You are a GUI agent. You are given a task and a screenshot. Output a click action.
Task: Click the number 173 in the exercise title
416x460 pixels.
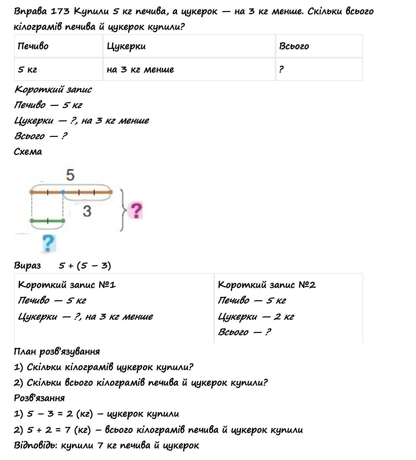click(60, 12)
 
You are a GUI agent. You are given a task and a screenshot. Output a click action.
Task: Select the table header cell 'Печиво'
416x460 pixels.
click(33, 46)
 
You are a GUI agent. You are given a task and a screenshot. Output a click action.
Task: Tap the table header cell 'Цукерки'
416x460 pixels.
click(126, 46)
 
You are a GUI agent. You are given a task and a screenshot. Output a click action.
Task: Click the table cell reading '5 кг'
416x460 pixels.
click(27, 70)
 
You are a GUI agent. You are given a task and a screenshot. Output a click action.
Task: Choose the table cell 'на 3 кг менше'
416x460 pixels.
click(140, 70)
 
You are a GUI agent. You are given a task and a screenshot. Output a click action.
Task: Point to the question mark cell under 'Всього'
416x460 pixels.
click(281, 70)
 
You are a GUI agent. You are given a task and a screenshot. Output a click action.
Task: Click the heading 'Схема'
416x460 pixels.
click(28, 152)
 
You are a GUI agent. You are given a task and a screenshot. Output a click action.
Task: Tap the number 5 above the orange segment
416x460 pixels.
click(70, 175)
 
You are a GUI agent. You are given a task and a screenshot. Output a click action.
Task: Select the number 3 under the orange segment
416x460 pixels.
click(87, 211)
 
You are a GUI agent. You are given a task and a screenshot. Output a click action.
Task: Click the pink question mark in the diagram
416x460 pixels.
click(136, 211)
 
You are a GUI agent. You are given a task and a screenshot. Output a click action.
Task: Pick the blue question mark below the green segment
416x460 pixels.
click(49, 243)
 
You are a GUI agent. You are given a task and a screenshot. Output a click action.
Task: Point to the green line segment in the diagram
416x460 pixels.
click(48, 221)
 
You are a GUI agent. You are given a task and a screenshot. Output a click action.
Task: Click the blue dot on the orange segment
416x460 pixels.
click(63, 192)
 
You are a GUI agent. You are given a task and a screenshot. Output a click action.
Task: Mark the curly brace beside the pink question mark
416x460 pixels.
click(122, 210)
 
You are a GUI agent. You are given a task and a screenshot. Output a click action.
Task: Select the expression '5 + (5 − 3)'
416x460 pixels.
click(85, 266)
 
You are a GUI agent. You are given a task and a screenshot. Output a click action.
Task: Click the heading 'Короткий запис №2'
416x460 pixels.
click(267, 285)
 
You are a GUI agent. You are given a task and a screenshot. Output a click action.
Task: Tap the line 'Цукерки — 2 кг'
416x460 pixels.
click(256, 316)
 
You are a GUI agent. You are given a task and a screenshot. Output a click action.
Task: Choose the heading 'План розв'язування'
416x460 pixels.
click(57, 351)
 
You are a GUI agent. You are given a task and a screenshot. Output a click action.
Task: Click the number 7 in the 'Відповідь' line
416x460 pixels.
click(100, 445)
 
